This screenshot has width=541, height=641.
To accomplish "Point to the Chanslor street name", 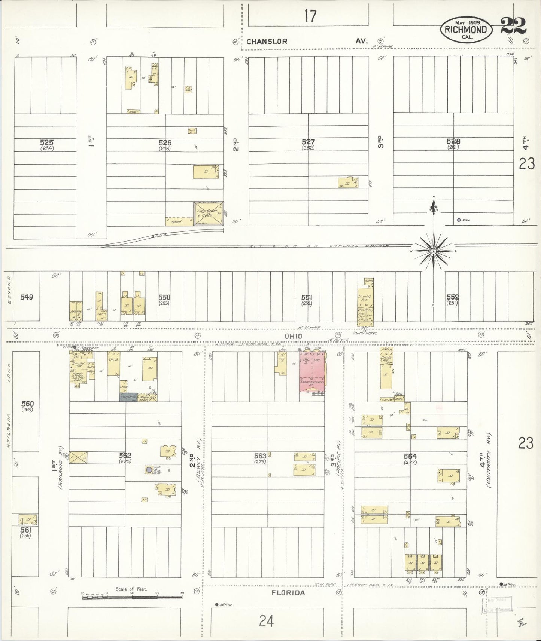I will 267,41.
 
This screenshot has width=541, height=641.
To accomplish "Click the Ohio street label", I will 293,336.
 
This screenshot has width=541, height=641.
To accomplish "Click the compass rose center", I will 433,251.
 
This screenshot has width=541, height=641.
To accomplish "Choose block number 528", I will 453,141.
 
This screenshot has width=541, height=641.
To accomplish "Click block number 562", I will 125,455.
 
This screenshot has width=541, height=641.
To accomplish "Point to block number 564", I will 410,456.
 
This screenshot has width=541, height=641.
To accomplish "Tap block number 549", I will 27,297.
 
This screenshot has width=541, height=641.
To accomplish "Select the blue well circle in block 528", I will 459,220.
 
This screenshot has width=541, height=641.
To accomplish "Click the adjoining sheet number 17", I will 310,16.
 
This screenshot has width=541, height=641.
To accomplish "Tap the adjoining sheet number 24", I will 266,621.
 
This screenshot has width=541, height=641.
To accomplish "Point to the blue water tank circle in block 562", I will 149,469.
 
